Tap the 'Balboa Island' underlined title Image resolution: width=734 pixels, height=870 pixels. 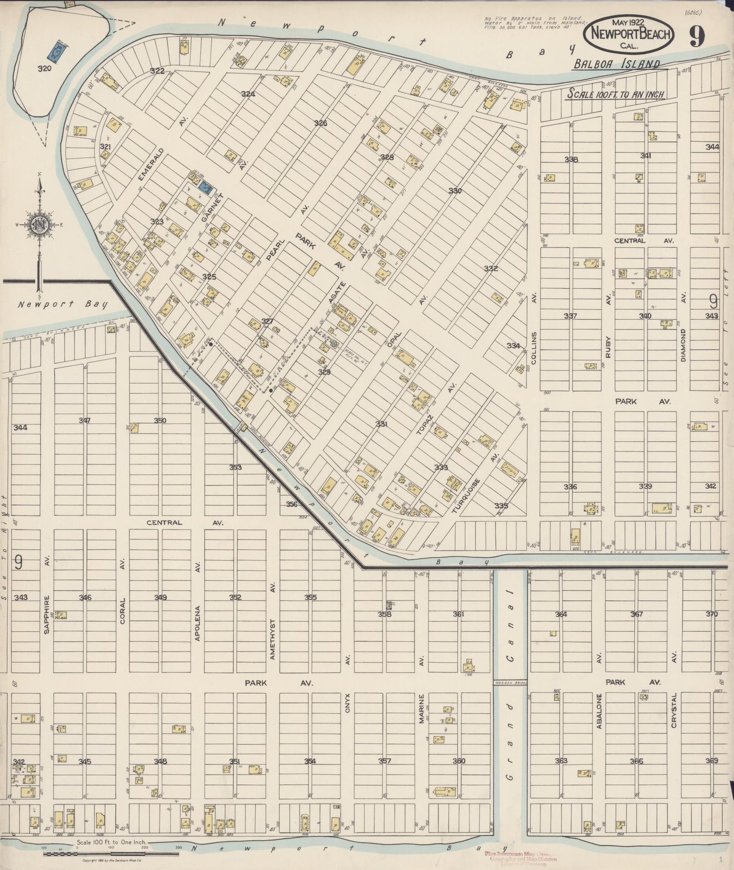(617, 64)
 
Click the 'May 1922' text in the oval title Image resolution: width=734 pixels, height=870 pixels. (629, 23)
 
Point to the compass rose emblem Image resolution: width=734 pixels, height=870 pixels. (39, 225)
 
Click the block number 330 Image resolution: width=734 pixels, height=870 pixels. (455, 191)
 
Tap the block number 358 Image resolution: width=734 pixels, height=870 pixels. (385, 614)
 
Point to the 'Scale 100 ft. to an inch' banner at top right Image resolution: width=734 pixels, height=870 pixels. (615, 94)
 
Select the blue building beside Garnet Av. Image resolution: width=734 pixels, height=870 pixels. (205, 187)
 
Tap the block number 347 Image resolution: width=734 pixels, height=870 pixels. (85, 420)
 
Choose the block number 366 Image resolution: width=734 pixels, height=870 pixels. (636, 761)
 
